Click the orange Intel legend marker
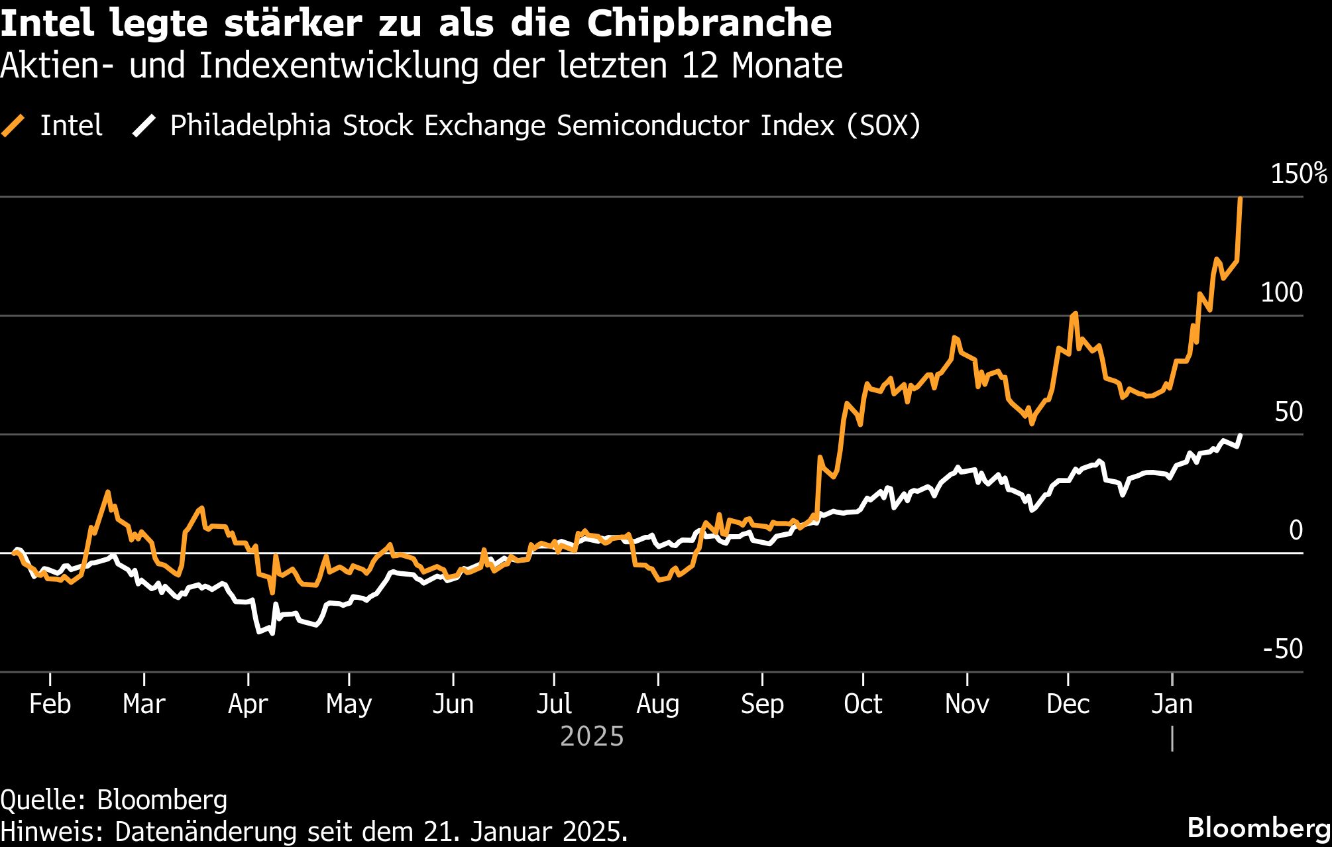pos(13,125)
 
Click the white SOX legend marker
pos(143,125)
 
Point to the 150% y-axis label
pos(1298,174)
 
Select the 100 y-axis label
pos(1281,292)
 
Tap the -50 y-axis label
pos(1282,649)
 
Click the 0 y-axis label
pos(1296,530)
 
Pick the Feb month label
pos(50,704)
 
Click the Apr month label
pos(248,704)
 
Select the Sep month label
pos(762,704)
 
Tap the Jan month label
pos(1172,704)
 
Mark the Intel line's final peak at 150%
pos(1240,199)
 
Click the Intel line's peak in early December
pos(1074,313)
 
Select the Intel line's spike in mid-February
pos(107,492)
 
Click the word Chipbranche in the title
pos(709,24)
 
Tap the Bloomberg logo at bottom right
pos(1258,828)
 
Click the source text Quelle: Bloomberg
pos(114,800)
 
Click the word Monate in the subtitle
pos(787,66)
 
